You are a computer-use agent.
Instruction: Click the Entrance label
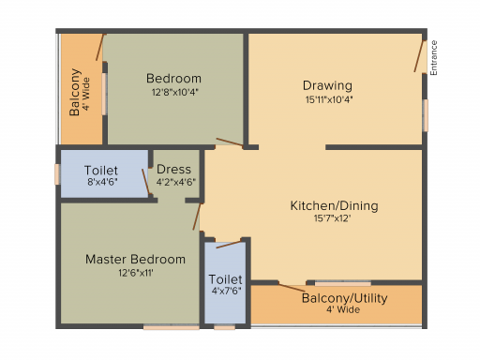[434, 58]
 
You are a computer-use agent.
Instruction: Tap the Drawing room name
[327, 85]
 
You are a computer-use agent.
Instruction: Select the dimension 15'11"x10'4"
[329, 99]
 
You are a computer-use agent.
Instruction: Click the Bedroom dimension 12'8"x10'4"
[175, 92]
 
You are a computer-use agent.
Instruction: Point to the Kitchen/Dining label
[334, 205]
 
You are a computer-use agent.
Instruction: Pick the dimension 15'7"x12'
[332, 218]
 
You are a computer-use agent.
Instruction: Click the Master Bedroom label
[135, 259]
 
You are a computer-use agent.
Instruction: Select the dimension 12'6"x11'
[136, 273]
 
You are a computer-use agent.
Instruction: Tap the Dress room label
[173, 169]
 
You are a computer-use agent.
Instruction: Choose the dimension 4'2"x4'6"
[176, 182]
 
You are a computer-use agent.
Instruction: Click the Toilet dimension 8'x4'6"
[102, 182]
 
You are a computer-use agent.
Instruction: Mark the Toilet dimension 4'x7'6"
[226, 291]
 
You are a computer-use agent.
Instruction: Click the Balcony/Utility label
[344, 298]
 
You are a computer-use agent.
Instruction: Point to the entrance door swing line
[419, 56]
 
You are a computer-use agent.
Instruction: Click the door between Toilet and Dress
[145, 182]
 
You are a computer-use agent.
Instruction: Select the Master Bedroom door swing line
[197, 217]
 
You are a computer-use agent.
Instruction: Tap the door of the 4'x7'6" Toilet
[229, 245]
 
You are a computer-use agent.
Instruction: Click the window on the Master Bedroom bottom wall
[172, 327]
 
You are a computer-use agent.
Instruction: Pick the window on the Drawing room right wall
[426, 115]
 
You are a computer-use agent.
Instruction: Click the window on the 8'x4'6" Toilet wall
[57, 174]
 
